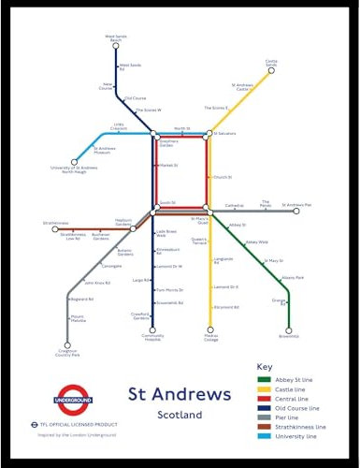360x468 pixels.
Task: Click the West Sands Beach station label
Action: [116, 39]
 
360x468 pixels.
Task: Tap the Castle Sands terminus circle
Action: [271, 72]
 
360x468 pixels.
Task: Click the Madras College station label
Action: [210, 338]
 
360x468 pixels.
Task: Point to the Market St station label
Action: [168, 165]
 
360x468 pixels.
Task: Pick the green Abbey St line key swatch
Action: [265, 379]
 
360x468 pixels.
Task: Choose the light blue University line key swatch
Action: [265, 435]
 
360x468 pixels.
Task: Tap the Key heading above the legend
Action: [265, 365]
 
